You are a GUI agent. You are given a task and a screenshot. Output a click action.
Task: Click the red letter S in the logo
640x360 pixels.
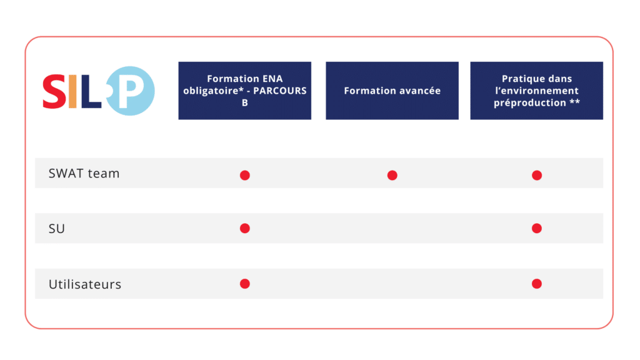coord(54,91)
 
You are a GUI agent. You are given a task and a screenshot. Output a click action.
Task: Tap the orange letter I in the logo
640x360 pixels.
coord(72,91)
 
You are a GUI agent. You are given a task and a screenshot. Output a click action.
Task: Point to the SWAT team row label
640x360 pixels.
coord(84,174)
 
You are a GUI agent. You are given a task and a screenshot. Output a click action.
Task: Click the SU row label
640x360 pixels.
coord(57,229)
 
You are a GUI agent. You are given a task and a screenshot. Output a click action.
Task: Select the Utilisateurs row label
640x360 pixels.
coord(85,284)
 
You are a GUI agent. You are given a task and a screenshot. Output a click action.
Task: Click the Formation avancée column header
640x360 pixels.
coord(392,91)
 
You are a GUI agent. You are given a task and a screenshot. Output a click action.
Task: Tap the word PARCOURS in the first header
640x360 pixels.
coord(280,91)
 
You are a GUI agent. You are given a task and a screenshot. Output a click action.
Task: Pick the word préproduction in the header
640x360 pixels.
coord(530,103)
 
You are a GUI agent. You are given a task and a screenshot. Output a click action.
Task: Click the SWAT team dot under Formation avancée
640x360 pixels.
coord(392,175)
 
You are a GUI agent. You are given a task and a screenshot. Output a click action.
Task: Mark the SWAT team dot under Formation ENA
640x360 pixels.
coord(245,175)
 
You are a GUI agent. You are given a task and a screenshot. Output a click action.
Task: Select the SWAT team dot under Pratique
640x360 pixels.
coord(537,175)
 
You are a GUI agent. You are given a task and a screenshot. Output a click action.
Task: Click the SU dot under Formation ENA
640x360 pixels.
coord(245,228)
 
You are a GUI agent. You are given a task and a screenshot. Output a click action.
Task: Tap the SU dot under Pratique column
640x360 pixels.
coord(537,228)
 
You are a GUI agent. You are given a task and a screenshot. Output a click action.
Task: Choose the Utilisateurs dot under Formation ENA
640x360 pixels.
coord(245,284)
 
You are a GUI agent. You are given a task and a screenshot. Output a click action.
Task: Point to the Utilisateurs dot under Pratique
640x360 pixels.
coord(537,284)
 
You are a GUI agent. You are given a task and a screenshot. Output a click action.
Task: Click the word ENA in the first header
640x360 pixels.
coord(272,79)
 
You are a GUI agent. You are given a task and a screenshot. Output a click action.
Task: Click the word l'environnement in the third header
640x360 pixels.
coord(537,91)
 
